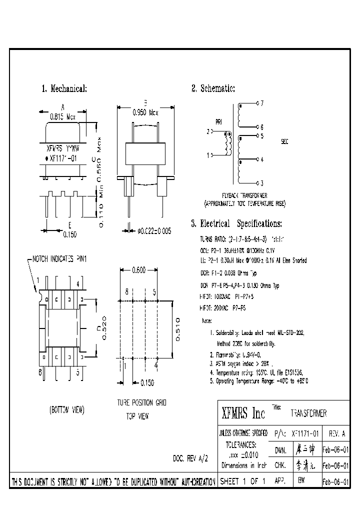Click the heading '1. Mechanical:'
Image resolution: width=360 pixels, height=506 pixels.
[x=64, y=89]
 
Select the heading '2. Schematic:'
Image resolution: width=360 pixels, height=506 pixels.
[x=213, y=89]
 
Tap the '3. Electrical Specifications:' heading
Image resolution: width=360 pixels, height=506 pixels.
[x=236, y=223]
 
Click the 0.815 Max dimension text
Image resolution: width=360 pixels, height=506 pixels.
[x=62, y=116]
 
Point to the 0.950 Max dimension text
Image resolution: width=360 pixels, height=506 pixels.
[x=145, y=113]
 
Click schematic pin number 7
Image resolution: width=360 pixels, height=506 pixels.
[x=261, y=103]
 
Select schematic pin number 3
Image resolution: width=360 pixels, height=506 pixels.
[x=261, y=183]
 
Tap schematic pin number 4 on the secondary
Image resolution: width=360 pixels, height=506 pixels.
[x=261, y=159]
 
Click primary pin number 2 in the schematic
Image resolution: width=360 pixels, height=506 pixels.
[x=208, y=132]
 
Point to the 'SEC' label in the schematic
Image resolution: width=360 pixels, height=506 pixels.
[x=285, y=141]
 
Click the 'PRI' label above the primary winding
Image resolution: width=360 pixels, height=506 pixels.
[x=218, y=121]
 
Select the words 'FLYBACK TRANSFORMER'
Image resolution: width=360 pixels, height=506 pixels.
[x=244, y=195]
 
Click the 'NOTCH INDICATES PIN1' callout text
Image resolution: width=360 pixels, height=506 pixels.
[x=59, y=259]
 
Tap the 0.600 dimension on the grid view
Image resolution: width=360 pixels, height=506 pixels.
[x=138, y=270]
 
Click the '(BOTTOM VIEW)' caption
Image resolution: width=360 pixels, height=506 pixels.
[x=66, y=409]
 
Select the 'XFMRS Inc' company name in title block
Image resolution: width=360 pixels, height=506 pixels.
[x=243, y=413]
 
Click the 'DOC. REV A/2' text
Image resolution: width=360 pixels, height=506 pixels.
[x=190, y=458]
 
